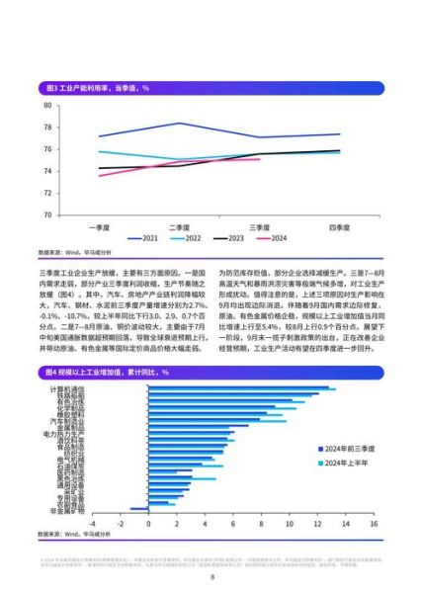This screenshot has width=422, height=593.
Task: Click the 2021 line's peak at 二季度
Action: click(x=179, y=124)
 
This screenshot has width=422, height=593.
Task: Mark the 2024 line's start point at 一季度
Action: click(x=99, y=176)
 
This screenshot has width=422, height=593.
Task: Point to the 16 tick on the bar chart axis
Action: click(x=373, y=525)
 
